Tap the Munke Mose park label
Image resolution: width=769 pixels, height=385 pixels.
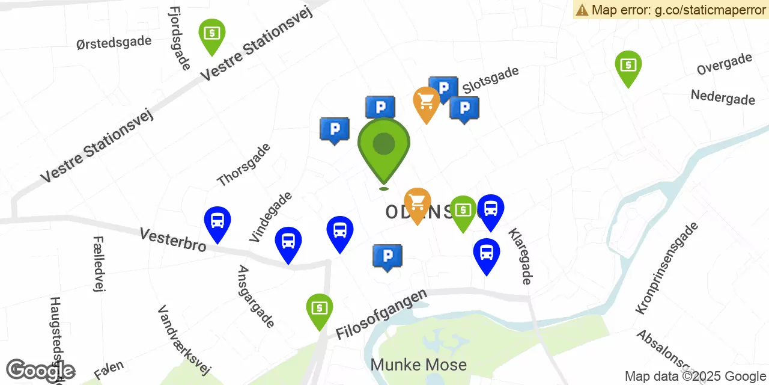coord(418,365)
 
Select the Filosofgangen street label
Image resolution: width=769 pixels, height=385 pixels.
coord(381,313)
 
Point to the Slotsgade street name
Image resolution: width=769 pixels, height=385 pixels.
coord(490,80)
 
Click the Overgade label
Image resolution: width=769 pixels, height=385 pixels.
coord(725,64)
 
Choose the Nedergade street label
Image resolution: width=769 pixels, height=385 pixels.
coord(723,97)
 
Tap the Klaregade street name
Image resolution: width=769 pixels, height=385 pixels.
coord(520,256)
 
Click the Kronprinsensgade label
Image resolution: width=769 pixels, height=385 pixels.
coord(667,268)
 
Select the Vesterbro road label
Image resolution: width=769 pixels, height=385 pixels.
coord(173,239)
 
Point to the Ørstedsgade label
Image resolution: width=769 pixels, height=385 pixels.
coord(114,42)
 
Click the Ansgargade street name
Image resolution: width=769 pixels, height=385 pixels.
coord(256,297)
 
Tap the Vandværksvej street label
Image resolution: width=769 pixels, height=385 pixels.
coord(184,340)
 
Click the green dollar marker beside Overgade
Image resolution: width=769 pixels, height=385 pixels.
coord(628,66)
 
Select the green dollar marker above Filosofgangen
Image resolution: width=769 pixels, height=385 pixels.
coord(320,309)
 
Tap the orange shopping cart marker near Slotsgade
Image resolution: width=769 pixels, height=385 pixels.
coord(427,102)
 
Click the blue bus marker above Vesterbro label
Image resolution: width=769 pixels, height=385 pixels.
coord(217,221)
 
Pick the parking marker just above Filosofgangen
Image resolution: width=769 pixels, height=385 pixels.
coord(388,257)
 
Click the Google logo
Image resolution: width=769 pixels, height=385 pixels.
coord(41,371)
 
